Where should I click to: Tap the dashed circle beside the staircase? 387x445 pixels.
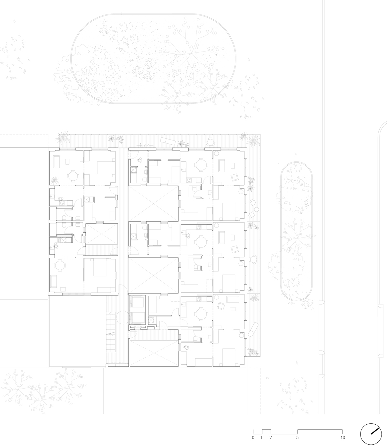point(123,317)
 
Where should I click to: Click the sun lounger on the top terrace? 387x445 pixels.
point(168,141)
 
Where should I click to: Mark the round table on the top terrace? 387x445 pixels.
point(210,142)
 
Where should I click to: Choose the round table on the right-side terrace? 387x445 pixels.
point(253,259)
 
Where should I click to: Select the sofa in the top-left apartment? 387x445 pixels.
point(56,162)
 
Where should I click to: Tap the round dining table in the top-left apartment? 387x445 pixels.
point(73,176)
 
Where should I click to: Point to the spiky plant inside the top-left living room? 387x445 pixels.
point(54,180)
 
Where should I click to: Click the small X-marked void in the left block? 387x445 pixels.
point(101,235)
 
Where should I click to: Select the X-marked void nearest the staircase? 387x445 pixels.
point(154,354)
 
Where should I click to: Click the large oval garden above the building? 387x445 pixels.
point(153,59)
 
